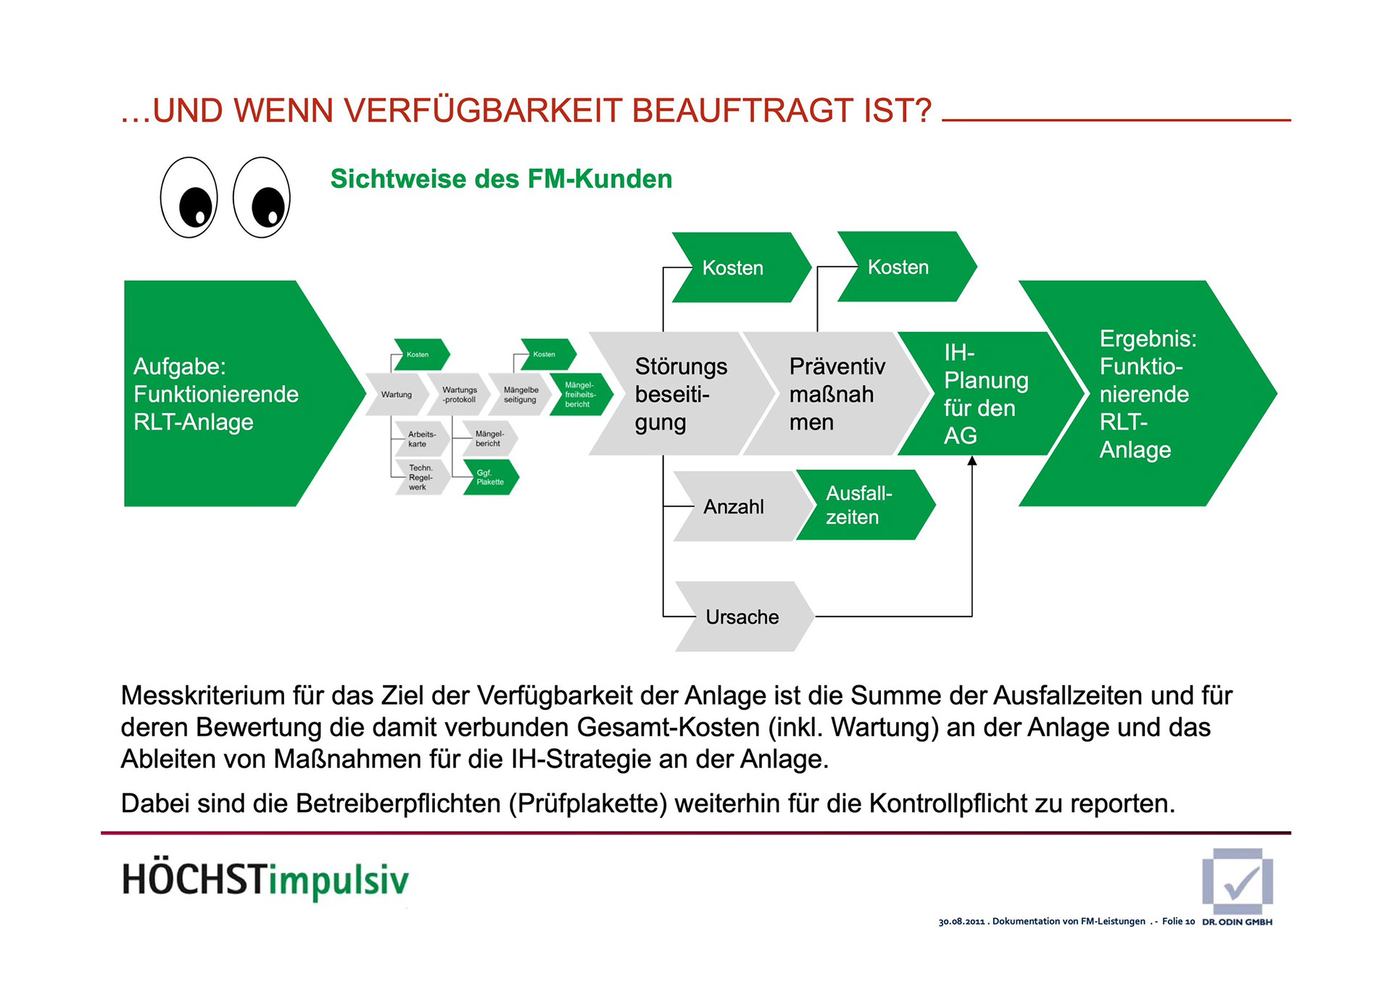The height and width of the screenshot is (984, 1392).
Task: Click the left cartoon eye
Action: (x=188, y=197)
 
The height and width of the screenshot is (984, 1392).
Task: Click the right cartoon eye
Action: (x=262, y=197)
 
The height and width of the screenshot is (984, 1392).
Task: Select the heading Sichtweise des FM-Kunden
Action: (x=501, y=179)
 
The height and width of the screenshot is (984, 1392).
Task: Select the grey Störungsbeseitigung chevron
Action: (x=678, y=394)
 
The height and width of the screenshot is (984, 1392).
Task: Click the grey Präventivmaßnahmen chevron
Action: (x=834, y=394)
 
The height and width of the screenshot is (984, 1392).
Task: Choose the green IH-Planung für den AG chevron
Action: (x=986, y=394)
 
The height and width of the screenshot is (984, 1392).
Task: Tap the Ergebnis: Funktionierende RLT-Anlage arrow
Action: (x=1149, y=394)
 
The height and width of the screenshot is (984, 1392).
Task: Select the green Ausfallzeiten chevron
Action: (x=863, y=505)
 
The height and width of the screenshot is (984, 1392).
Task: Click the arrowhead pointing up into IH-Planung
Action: (x=972, y=461)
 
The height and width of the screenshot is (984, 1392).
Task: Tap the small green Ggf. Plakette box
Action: (x=491, y=477)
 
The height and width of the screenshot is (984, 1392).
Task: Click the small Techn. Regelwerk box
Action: (x=420, y=477)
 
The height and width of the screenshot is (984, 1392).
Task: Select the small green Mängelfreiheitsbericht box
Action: (x=581, y=394)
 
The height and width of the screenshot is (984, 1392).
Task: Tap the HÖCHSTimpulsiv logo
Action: (x=265, y=880)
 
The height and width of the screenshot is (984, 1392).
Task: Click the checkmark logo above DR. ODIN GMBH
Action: (x=1238, y=882)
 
